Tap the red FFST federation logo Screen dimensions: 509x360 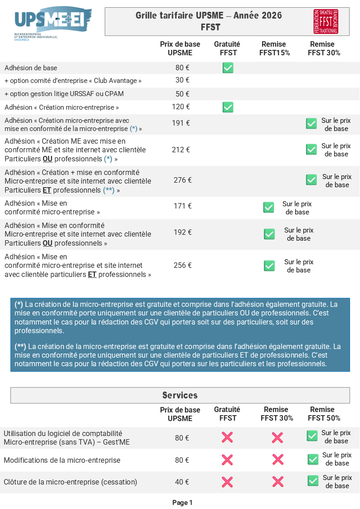click(326, 21)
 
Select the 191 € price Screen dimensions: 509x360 click(181, 123)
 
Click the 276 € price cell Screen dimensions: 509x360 click(183, 180)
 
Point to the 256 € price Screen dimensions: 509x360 click(183, 265)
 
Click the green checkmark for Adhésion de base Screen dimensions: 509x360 click(228, 68)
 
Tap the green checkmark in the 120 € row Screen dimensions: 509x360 click(228, 107)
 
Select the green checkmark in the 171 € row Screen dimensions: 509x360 click(268, 207)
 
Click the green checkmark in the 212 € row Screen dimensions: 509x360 click(311, 149)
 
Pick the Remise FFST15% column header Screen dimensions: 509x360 click(274, 48)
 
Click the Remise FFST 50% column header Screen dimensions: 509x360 click(324, 414)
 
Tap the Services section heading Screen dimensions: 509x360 click(180, 395)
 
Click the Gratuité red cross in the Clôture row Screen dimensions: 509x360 click(227, 481)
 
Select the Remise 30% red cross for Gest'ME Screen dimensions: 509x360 click(277, 437)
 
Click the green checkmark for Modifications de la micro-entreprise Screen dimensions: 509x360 click(313, 459)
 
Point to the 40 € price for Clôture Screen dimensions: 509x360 click(182, 482)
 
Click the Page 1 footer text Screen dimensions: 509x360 click(182, 503)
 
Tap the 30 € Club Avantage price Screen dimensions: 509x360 click(182, 80)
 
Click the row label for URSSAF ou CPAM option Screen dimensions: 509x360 click(64, 94)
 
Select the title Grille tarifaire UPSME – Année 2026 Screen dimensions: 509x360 click(209, 15)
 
